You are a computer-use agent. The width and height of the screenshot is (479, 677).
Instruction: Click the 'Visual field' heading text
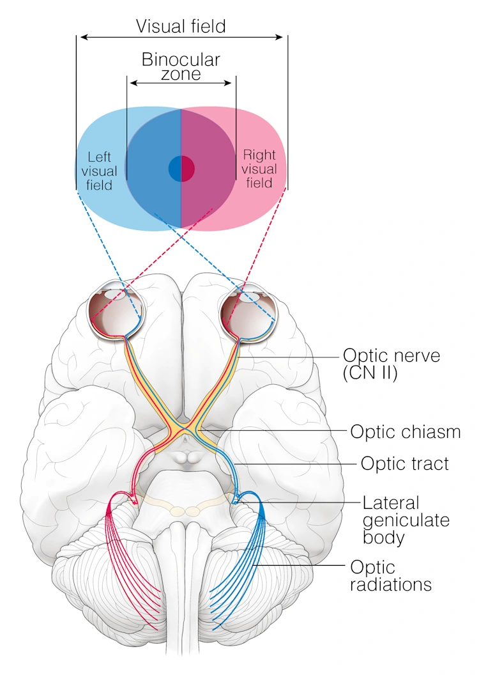pyautogui.click(x=181, y=26)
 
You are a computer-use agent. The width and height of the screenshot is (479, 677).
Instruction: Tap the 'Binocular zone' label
pyautogui.click(x=181, y=66)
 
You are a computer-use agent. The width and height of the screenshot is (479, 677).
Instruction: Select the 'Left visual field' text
pyautogui.click(x=100, y=171)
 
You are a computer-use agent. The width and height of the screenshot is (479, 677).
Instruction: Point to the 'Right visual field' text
pyautogui.click(x=259, y=169)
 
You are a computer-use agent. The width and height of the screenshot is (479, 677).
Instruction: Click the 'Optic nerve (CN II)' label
pyautogui.click(x=391, y=364)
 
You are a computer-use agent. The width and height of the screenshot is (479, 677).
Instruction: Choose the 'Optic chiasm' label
pyautogui.click(x=405, y=432)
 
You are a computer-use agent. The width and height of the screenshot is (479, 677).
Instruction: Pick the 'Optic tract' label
pyautogui.click(x=404, y=463)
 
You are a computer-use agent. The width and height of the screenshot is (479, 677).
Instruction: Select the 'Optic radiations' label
pyautogui.click(x=390, y=575)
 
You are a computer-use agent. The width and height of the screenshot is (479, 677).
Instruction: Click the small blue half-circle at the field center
pyautogui.click(x=175, y=169)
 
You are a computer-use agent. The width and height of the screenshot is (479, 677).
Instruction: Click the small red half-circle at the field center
pyautogui.click(x=188, y=169)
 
